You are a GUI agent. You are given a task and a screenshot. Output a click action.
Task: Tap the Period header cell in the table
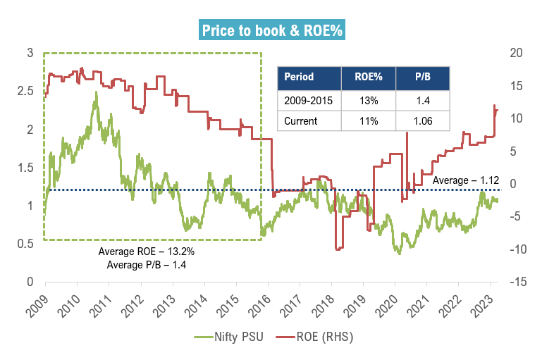tap(299, 77)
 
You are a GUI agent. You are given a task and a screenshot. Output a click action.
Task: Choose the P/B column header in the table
tap(421, 77)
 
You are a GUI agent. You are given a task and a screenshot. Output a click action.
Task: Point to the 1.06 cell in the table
tap(421, 120)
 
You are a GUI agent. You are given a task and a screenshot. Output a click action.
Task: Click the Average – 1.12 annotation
tap(462, 180)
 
